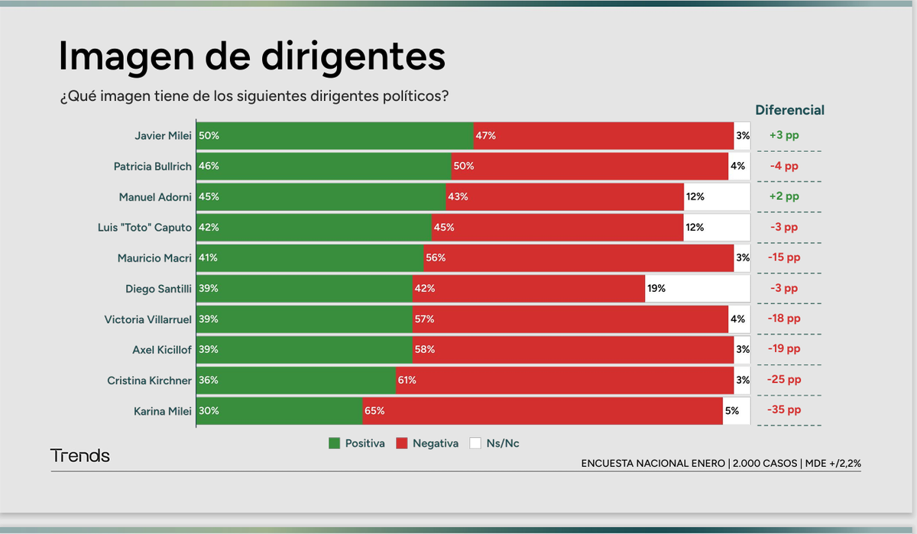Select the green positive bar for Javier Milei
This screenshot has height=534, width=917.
click(x=335, y=135)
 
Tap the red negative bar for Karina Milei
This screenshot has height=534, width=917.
click(x=543, y=410)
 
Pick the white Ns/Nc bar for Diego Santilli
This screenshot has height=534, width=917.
click(x=697, y=288)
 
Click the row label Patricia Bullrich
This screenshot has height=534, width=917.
click(x=153, y=166)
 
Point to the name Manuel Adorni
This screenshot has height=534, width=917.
click(x=155, y=196)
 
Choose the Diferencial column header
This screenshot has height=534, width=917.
click(x=789, y=110)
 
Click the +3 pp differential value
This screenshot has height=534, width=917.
click(x=784, y=135)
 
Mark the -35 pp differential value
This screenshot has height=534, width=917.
click(x=784, y=410)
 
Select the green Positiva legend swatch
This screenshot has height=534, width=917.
click(x=334, y=443)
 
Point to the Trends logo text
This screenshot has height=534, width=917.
click(x=80, y=456)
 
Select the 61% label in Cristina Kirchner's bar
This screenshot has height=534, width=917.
click(x=407, y=380)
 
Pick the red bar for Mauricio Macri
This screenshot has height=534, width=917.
click(x=578, y=257)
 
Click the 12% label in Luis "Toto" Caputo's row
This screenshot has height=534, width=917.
click(x=695, y=227)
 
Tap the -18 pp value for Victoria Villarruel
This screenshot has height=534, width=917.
click(x=784, y=319)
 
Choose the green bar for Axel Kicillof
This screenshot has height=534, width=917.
click(x=304, y=349)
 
